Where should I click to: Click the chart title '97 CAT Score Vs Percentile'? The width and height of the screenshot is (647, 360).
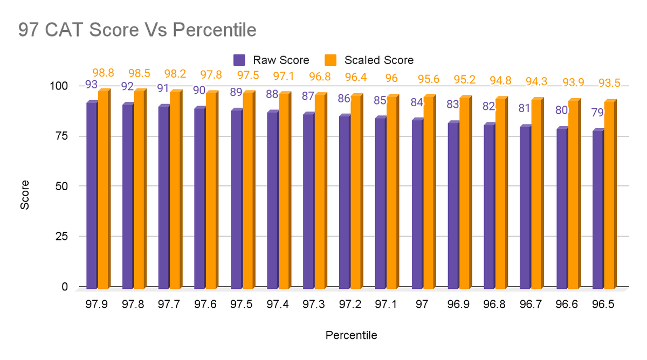(137, 30)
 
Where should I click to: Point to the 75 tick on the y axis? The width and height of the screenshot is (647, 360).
(60, 136)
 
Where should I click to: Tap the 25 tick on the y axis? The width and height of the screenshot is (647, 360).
(60, 236)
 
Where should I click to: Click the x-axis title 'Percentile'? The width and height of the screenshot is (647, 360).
(351, 335)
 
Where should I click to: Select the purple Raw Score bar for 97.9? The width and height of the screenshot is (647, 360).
(91, 194)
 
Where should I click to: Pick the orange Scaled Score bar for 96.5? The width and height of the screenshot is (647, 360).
(609, 194)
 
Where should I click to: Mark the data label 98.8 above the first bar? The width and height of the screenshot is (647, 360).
(103, 72)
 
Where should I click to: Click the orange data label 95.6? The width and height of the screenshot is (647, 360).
(428, 79)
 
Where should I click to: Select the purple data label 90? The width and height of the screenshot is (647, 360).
(199, 90)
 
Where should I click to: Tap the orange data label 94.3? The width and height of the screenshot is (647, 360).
(536, 82)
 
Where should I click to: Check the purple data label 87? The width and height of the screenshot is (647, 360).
(308, 96)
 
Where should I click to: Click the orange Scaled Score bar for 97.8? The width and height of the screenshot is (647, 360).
(139, 189)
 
